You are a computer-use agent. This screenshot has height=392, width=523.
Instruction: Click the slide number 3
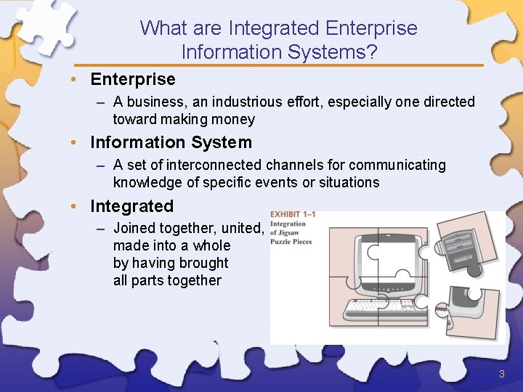pos(501,375)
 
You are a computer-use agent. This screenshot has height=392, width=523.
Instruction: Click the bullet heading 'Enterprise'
pos(132,79)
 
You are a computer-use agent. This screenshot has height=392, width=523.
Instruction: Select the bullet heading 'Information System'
pos(171,143)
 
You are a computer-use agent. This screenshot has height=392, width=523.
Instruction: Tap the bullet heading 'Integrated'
pos(131,207)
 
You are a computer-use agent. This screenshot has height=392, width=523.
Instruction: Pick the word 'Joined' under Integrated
pos(135,229)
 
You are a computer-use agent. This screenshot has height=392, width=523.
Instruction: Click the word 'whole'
pos(211,246)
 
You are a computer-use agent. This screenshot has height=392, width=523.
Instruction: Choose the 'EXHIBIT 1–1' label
pos(293,215)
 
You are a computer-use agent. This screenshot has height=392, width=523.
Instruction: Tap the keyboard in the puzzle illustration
pos(385,309)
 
